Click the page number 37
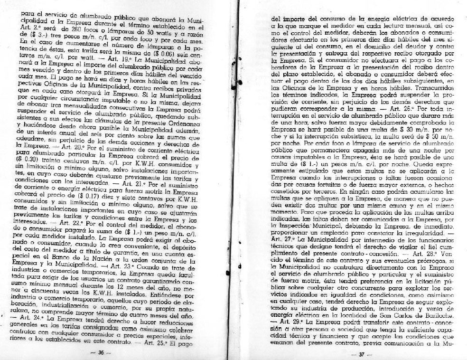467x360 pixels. (x=360, y=354)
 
